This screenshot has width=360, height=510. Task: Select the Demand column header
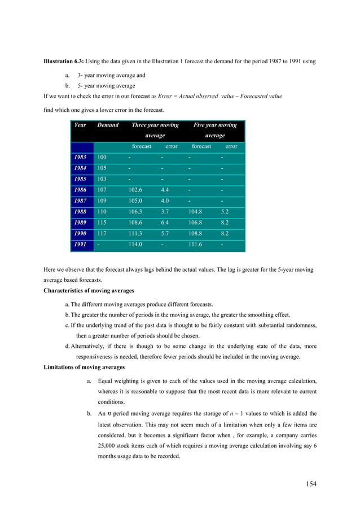click(108, 125)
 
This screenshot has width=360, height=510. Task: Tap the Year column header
click(80, 125)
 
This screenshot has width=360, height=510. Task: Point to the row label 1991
click(82, 245)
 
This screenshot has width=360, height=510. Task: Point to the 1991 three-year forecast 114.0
click(136, 245)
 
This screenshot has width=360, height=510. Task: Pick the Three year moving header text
click(155, 125)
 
